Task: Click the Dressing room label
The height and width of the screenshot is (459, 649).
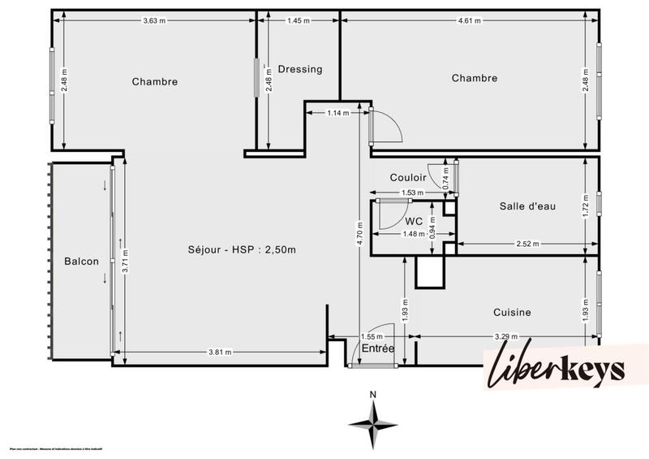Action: click(299, 69)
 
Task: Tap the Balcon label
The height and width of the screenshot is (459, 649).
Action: click(82, 261)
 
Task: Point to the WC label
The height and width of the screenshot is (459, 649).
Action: click(414, 221)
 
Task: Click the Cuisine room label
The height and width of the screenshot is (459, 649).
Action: click(512, 312)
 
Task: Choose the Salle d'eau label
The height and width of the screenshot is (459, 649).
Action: click(527, 206)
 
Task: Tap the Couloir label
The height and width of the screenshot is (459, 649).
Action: click(408, 178)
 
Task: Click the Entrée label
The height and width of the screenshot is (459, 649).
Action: click(378, 349)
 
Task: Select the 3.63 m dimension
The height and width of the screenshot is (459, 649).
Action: click(155, 20)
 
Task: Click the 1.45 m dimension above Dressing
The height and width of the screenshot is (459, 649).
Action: click(299, 20)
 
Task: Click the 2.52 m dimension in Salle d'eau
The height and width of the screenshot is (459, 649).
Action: click(529, 243)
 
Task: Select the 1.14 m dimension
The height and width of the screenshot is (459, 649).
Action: click(337, 113)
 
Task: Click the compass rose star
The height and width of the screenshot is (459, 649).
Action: click(372, 423)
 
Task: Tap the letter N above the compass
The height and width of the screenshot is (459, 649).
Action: click(372, 395)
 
